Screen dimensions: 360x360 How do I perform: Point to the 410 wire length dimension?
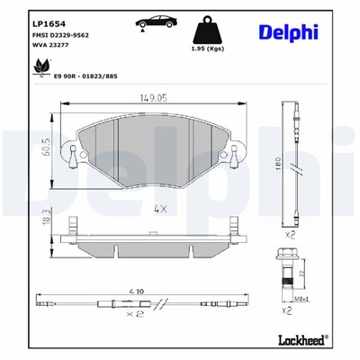[x=137, y=290]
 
